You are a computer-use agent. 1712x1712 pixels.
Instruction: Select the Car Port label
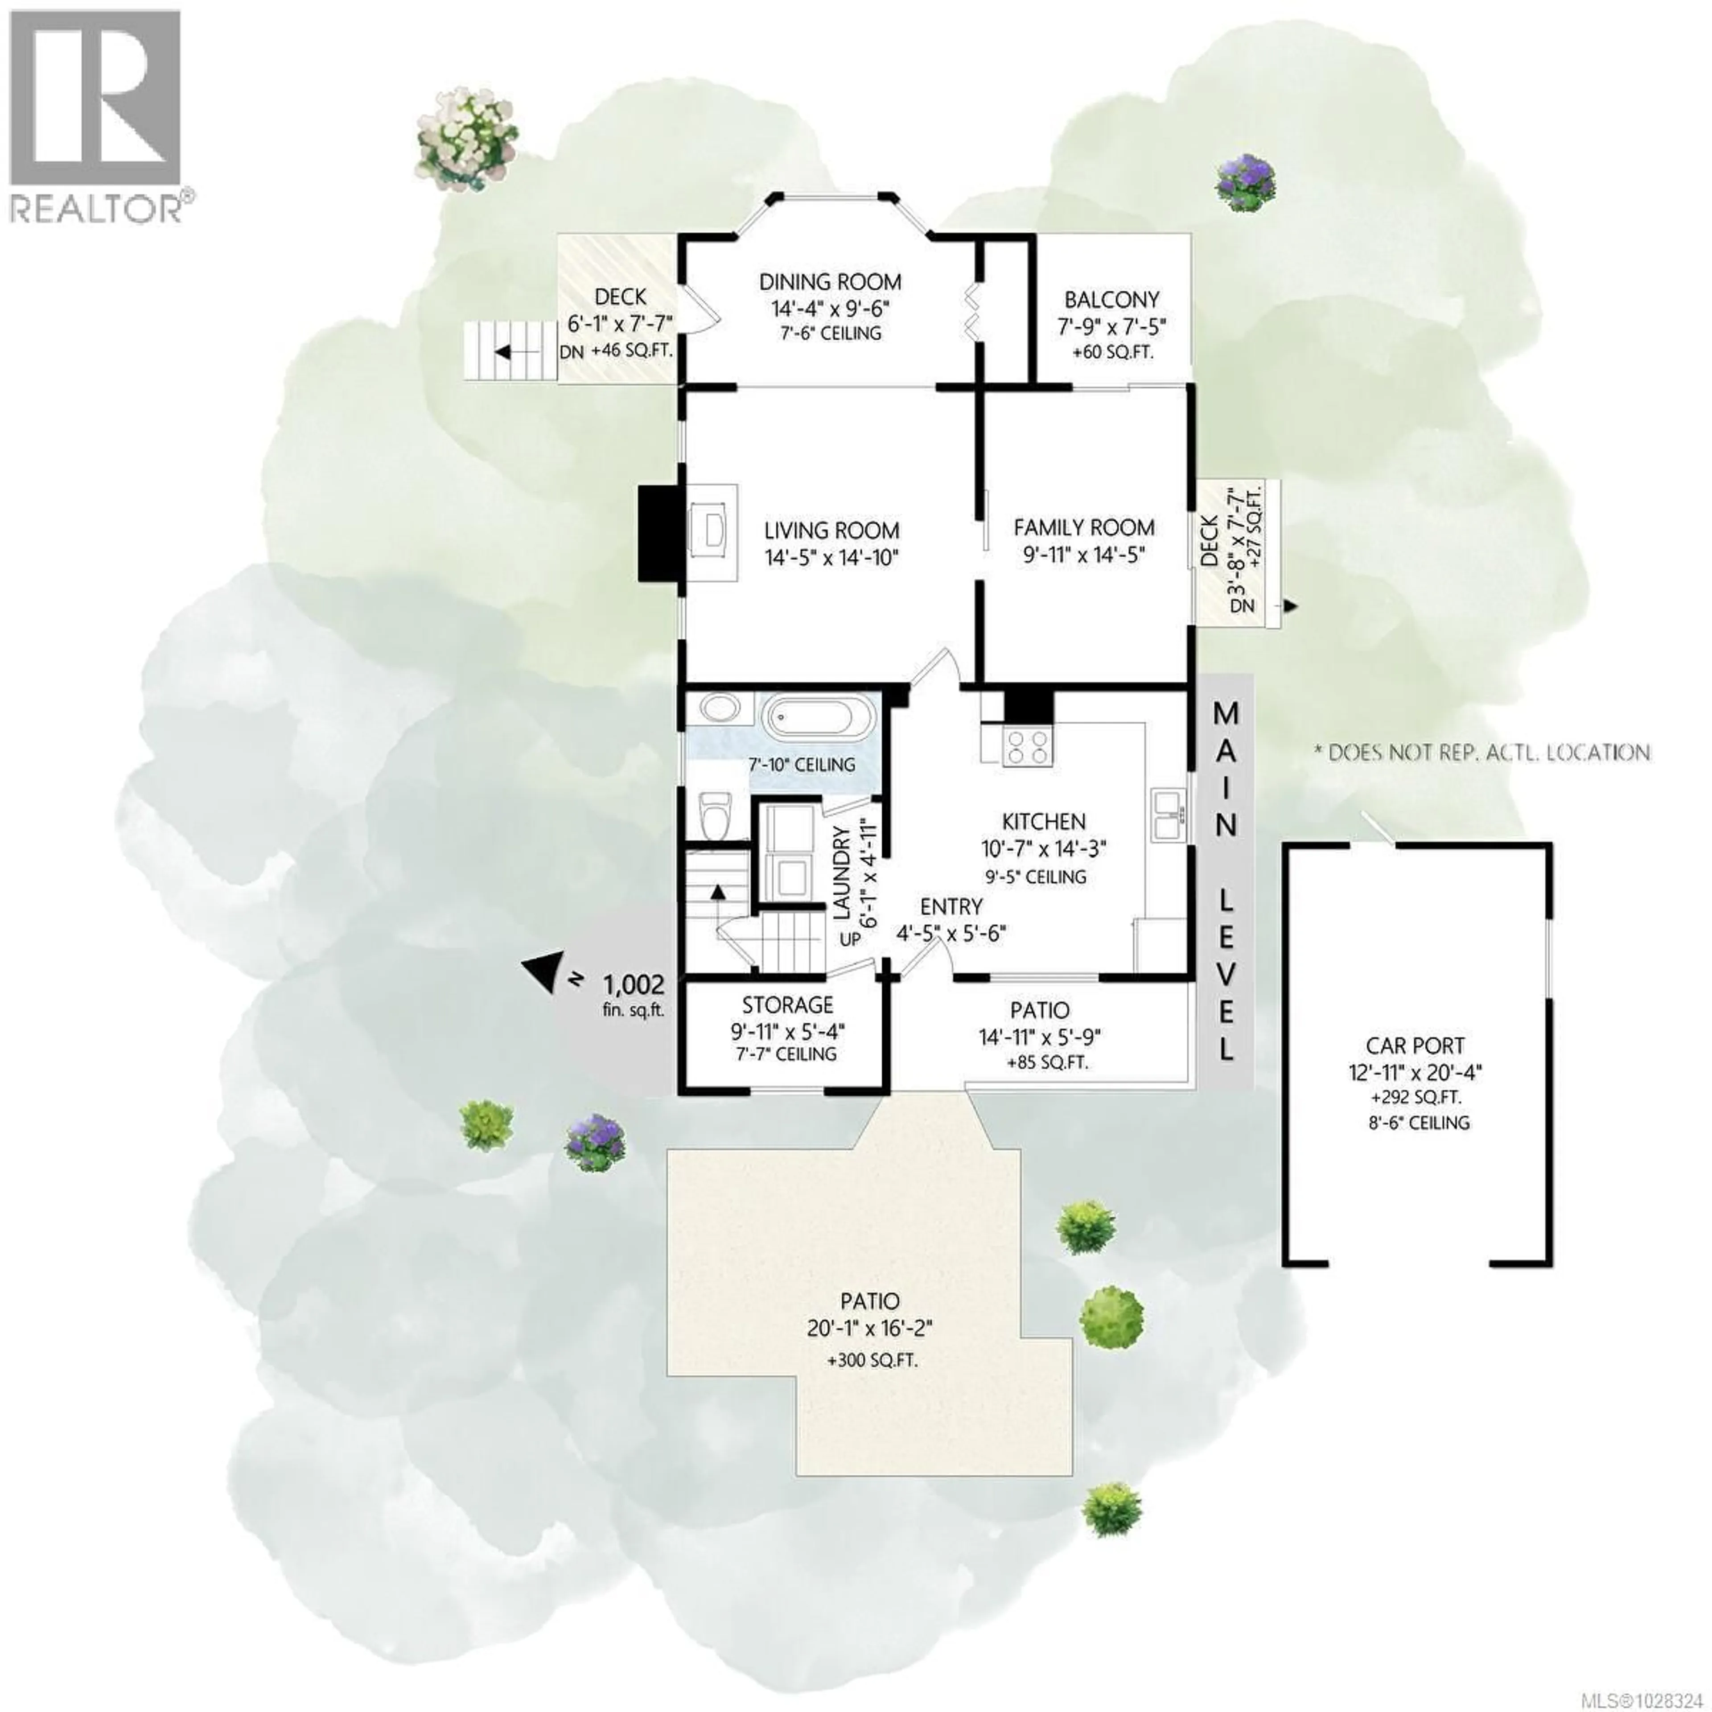[x=1415, y=1045]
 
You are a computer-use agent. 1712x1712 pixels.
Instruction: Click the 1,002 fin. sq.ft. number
[x=633, y=984]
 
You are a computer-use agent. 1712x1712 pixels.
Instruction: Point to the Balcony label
[x=1111, y=300]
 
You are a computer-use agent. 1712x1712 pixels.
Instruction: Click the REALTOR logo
[x=96, y=115]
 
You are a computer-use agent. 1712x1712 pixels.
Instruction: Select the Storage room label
[x=787, y=1005]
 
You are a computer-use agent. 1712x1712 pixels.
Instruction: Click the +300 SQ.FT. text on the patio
[x=872, y=1359]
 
